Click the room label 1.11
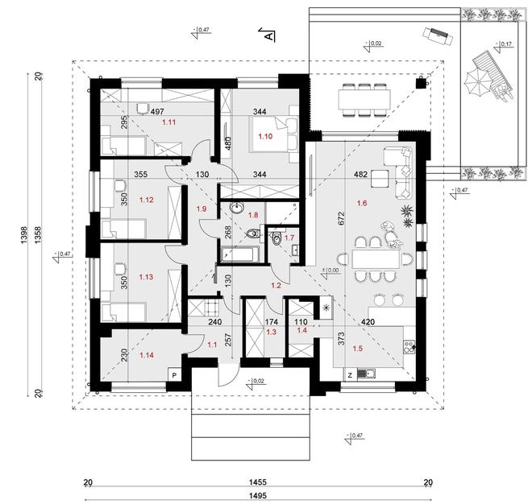tap(169, 123)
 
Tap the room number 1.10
tap(265, 138)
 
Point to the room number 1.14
tap(147, 354)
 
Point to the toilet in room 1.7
tap(278, 237)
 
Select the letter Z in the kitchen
tap(349, 374)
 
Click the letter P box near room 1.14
tap(173, 374)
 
